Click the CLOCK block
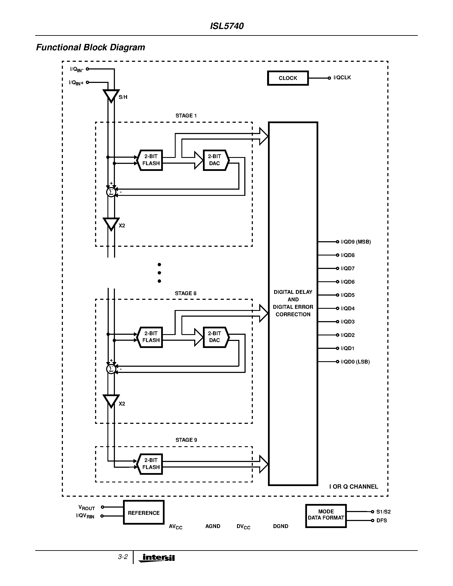coord(288,78)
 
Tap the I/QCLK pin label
coord(342,78)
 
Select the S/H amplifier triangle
coord(111,95)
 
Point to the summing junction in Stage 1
coord(111,192)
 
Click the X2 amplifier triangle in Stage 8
coord(111,401)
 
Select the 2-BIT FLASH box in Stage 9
coord(151,464)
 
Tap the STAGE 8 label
coord(185,293)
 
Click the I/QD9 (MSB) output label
coord(356,242)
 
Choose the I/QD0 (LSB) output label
coord(355,362)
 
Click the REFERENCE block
coord(144,513)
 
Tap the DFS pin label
coord(381,521)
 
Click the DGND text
coord(281,526)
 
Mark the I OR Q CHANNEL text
coord(353,486)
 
